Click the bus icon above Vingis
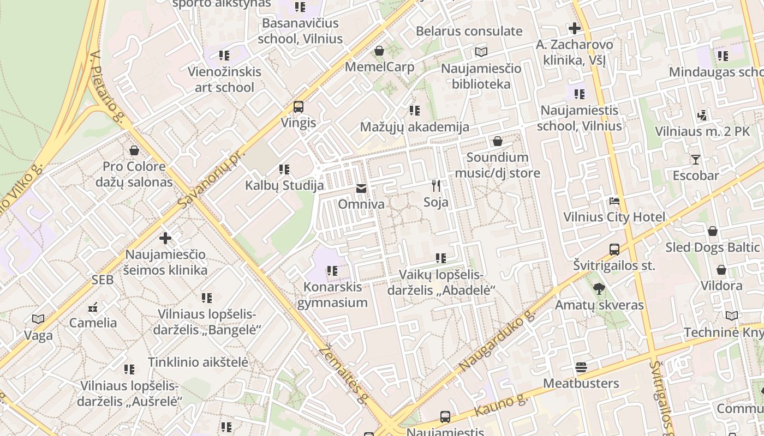(x=299, y=106)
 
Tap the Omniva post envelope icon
(x=361, y=189)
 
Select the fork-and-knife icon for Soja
(x=435, y=186)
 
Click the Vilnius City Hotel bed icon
(x=614, y=201)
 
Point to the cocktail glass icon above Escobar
(x=695, y=160)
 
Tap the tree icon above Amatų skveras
(x=599, y=289)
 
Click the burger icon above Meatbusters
(x=581, y=367)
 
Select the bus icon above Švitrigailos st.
(x=614, y=250)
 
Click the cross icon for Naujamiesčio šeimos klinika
(x=165, y=238)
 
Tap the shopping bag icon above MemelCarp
(x=379, y=51)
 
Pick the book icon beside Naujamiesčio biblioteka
(x=481, y=52)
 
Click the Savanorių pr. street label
(x=209, y=177)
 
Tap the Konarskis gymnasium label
(x=332, y=295)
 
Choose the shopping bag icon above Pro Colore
(x=134, y=150)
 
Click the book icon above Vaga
(x=38, y=319)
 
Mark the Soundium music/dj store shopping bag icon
(x=497, y=142)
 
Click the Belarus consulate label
(x=469, y=31)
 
